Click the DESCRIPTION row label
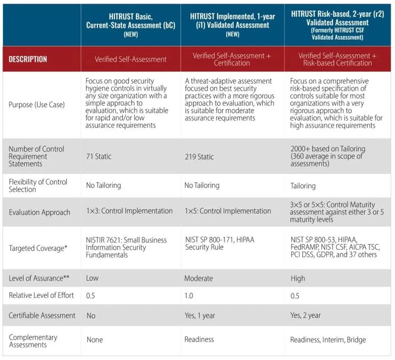[28, 59]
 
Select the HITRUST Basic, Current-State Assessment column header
[130, 25]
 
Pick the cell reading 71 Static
[99, 157]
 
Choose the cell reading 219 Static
[199, 157]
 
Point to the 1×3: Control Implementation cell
[129, 211]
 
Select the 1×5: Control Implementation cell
[228, 211]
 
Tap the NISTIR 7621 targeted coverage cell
[126, 248]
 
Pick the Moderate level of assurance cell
[198, 278]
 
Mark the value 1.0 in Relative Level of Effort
[189, 296]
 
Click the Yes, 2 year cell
[305, 316]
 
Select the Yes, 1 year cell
[200, 316]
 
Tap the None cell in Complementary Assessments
[94, 340]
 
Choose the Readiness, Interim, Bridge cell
[328, 340]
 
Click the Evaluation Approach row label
[39, 213]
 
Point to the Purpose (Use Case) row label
[37, 105]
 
